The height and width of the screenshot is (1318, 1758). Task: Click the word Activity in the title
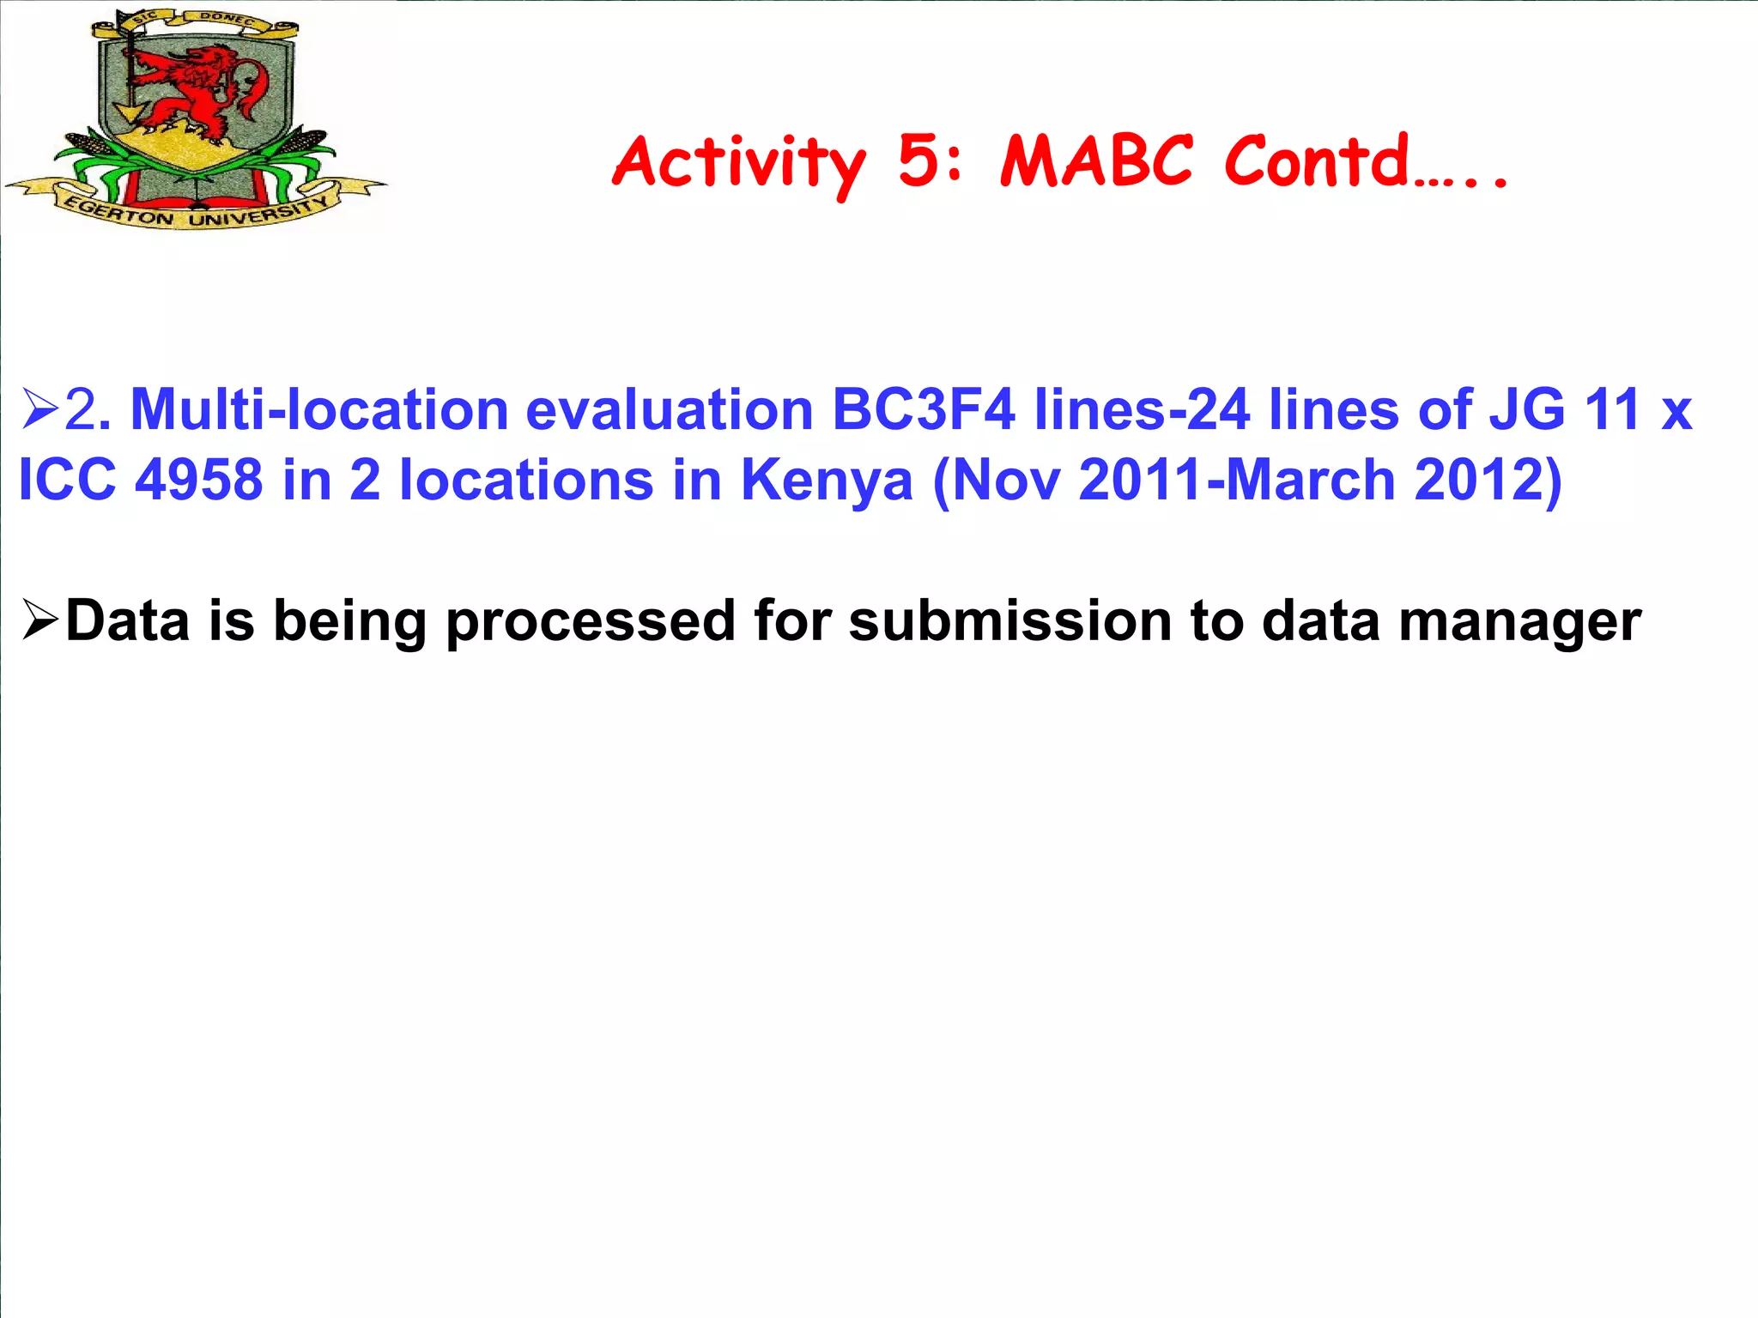[739, 163]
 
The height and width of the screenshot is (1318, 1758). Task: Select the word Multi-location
[319, 409]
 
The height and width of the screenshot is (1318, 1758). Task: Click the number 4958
[199, 480]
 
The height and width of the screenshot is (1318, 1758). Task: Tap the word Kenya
[827, 480]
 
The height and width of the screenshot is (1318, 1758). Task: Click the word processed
[591, 621]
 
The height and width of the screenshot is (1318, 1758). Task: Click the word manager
[1520, 621]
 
